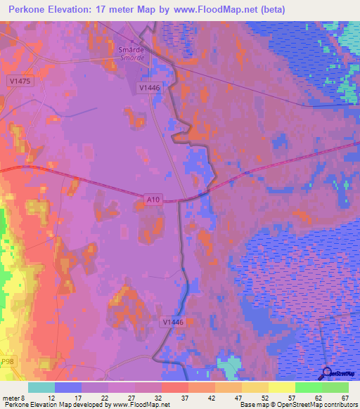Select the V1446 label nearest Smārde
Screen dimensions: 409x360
tap(150, 88)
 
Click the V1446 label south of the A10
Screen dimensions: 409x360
tap(173, 322)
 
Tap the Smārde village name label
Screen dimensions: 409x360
tap(131, 51)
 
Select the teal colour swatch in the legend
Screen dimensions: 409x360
tap(41, 387)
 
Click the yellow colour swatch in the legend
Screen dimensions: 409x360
tap(282, 387)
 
